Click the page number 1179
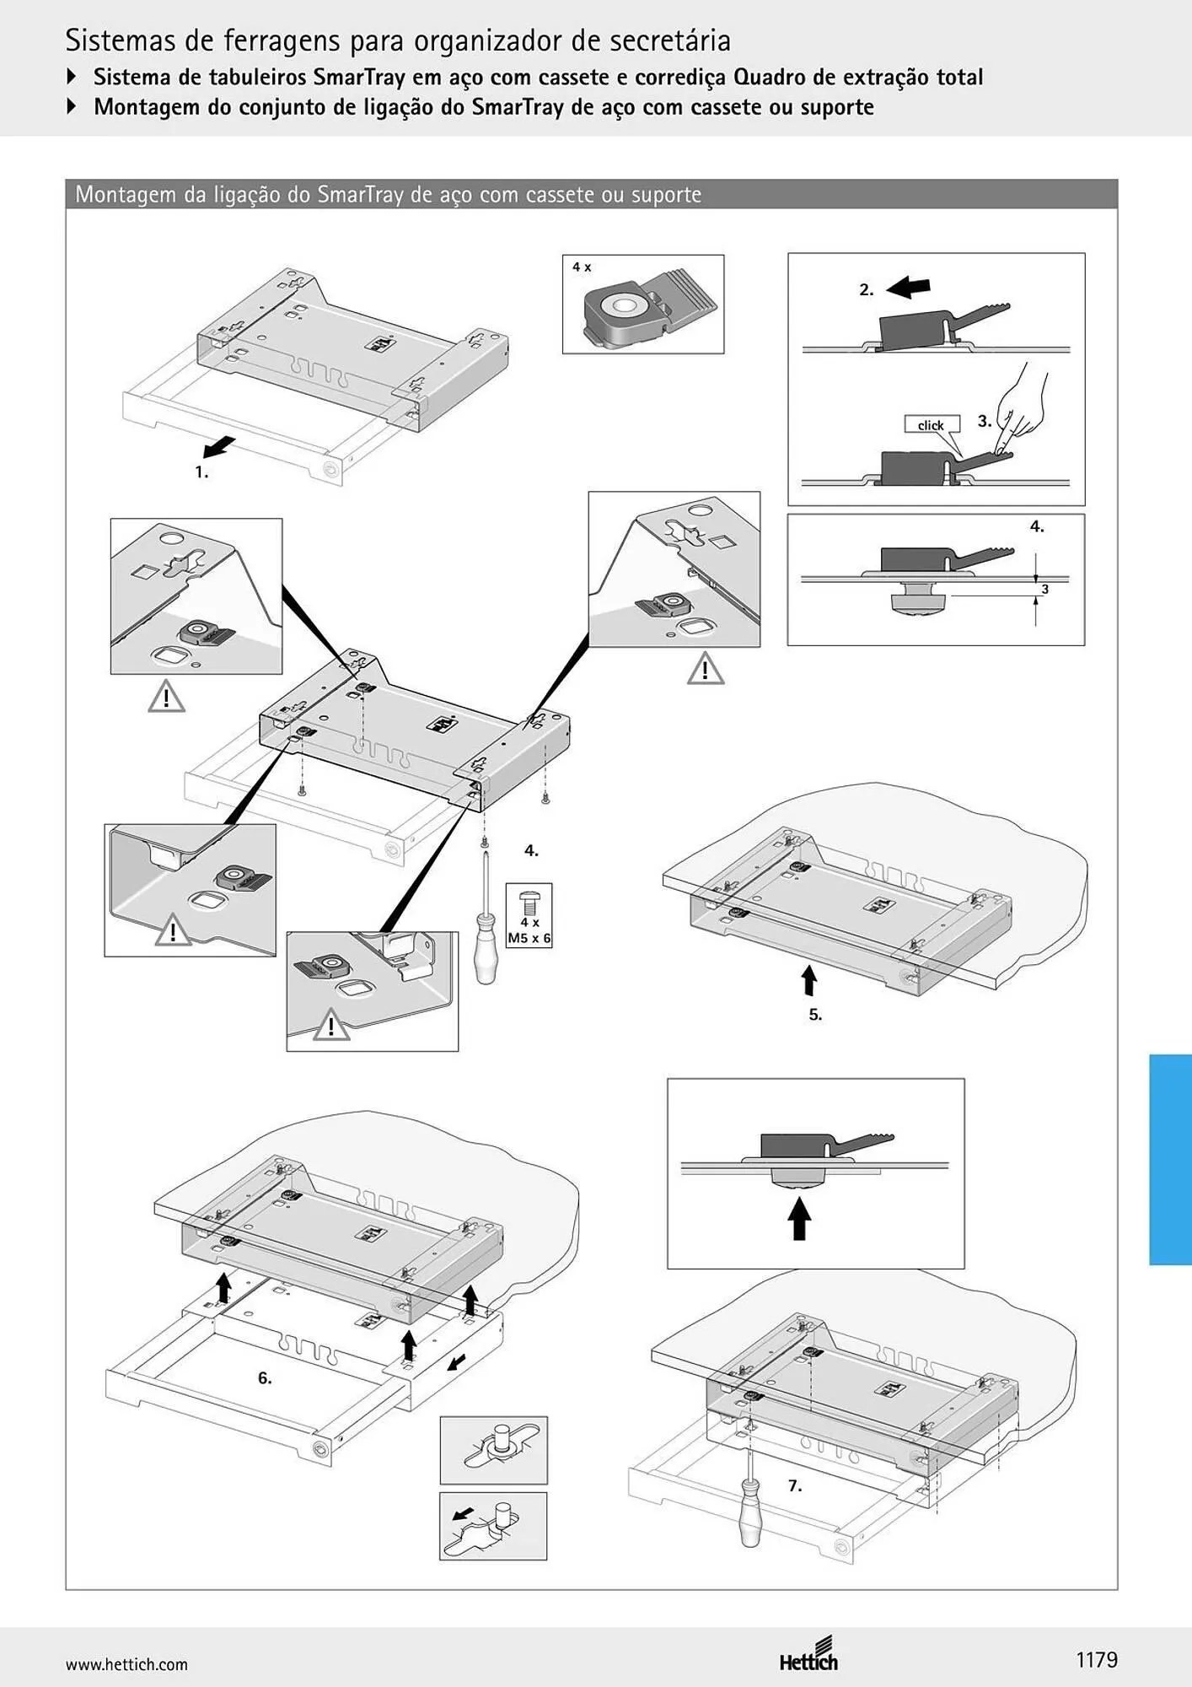(x=1097, y=1659)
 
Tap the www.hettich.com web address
(x=126, y=1664)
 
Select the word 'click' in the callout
(x=931, y=425)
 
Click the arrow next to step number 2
(x=909, y=288)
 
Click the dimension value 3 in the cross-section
(x=1044, y=589)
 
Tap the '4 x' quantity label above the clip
(x=582, y=267)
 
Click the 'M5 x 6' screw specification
(x=529, y=937)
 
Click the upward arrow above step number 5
(x=809, y=981)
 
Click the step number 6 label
(x=265, y=1377)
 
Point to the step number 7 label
(x=795, y=1485)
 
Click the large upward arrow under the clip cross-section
(x=799, y=1220)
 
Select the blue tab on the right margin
(x=1170, y=1159)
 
